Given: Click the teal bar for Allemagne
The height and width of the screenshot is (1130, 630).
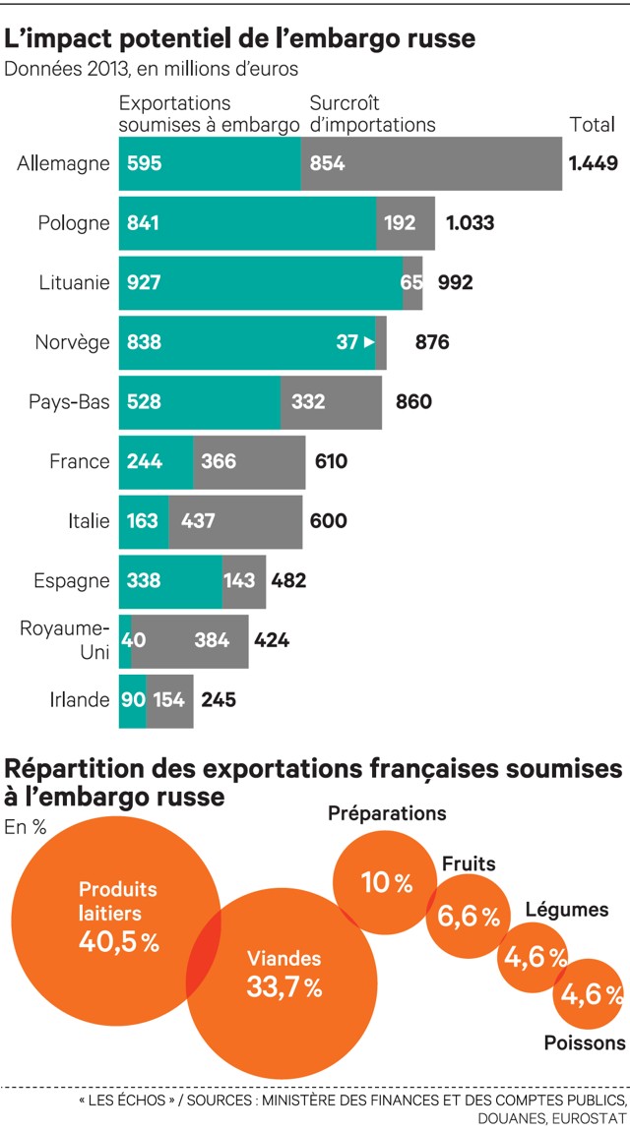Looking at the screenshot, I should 210,163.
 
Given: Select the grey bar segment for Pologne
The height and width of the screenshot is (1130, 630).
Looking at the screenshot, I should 406,223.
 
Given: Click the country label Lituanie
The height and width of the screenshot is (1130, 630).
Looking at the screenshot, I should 75,283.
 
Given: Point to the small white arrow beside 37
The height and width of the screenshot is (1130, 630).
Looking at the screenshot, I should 368,342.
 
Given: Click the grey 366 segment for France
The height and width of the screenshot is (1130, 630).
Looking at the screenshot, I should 249,461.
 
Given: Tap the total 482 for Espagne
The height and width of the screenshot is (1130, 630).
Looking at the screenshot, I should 288,580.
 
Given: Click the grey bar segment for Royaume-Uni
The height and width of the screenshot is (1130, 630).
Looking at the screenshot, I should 189,640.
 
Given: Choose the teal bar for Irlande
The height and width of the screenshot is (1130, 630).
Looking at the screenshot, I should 133,700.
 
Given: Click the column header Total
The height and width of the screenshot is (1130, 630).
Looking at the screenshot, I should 593,125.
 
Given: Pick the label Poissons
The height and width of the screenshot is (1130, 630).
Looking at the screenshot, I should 585,1043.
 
